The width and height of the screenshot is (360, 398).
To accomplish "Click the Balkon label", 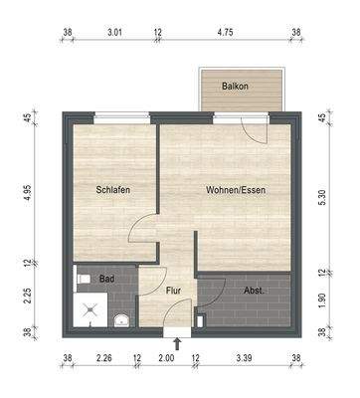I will tap(236, 86).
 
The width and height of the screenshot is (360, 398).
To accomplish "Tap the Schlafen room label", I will tap(114, 190).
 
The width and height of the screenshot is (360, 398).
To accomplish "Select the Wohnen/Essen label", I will tap(236, 190).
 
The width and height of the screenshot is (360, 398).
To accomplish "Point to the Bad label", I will tap(105, 280).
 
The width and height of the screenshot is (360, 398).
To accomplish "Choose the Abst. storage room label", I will tap(253, 291).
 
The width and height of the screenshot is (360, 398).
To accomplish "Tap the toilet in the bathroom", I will tap(84, 279).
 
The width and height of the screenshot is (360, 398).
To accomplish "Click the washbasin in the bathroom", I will tap(120, 319).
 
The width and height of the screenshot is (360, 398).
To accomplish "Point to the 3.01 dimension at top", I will tap(114, 32).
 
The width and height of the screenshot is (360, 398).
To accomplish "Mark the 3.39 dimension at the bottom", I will tap(244, 359).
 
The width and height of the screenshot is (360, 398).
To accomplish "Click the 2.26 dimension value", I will tap(103, 359).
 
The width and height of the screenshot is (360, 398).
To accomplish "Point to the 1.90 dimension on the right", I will tap(322, 300).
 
